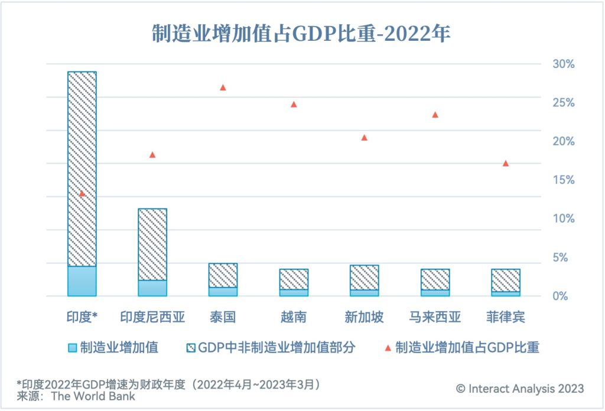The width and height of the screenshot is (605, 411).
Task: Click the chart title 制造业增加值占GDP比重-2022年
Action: click(x=301, y=33)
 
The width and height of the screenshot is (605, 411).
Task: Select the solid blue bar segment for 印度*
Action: click(x=82, y=281)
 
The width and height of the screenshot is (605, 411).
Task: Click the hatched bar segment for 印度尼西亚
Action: click(x=152, y=244)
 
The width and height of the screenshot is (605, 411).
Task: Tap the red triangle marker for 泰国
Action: click(x=223, y=87)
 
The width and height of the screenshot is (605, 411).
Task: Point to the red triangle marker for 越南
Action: click(x=294, y=105)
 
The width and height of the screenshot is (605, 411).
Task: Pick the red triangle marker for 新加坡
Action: click(x=365, y=138)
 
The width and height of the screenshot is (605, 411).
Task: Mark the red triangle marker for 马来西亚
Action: click(x=435, y=115)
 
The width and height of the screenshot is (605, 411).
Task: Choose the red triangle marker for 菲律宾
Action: click(x=506, y=164)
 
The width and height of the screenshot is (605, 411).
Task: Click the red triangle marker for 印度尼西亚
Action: click(x=152, y=155)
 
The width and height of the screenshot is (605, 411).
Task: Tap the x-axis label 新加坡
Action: click(x=365, y=317)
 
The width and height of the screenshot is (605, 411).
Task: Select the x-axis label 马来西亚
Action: click(x=435, y=317)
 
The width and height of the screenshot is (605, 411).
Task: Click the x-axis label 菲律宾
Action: click(x=506, y=317)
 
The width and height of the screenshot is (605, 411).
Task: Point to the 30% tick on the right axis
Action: click(x=562, y=64)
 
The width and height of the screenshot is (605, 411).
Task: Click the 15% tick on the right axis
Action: click(x=562, y=180)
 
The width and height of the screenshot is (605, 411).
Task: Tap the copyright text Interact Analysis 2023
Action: click(x=521, y=389)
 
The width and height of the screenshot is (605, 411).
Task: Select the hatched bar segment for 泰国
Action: click(x=223, y=275)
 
